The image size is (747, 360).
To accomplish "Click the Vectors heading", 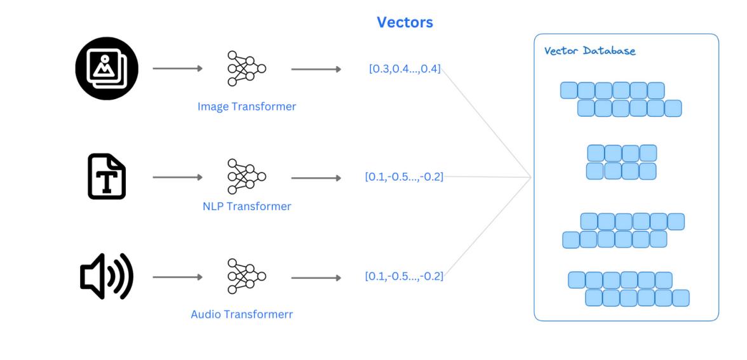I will click(x=405, y=23).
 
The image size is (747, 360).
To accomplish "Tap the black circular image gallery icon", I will click(x=107, y=69).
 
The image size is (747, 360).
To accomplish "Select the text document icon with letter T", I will click(x=106, y=177).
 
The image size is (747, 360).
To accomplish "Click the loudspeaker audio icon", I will click(x=106, y=277).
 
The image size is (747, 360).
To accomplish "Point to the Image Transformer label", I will click(x=246, y=107).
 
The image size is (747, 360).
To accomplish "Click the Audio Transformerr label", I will click(x=241, y=314).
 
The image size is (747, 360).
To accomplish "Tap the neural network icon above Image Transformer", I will click(x=246, y=69).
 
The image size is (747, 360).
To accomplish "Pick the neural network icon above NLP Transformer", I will click(x=246, y=177).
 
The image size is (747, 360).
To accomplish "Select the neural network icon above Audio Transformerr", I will click(x=246, y=277).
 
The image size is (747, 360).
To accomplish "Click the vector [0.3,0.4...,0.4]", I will click(x=405, y=69).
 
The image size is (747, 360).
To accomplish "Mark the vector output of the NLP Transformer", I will click(x=405, y=177).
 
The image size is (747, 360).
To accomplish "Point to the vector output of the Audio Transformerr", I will click(x=404, y=277).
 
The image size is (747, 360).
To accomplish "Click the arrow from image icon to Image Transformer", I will click(x=178, y=69).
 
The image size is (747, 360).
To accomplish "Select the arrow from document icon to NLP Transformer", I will click(x=178, y=177).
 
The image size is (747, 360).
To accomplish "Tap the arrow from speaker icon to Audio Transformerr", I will click(x=178, y=277).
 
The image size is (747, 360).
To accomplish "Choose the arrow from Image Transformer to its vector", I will click(x=316, y=69).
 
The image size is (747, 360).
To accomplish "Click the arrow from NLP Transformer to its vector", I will click(x=316, y=177).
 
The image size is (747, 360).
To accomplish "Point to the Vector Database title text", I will click(x=590, y=51).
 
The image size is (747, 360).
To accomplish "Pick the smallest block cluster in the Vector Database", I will click(x=621, y=162).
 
